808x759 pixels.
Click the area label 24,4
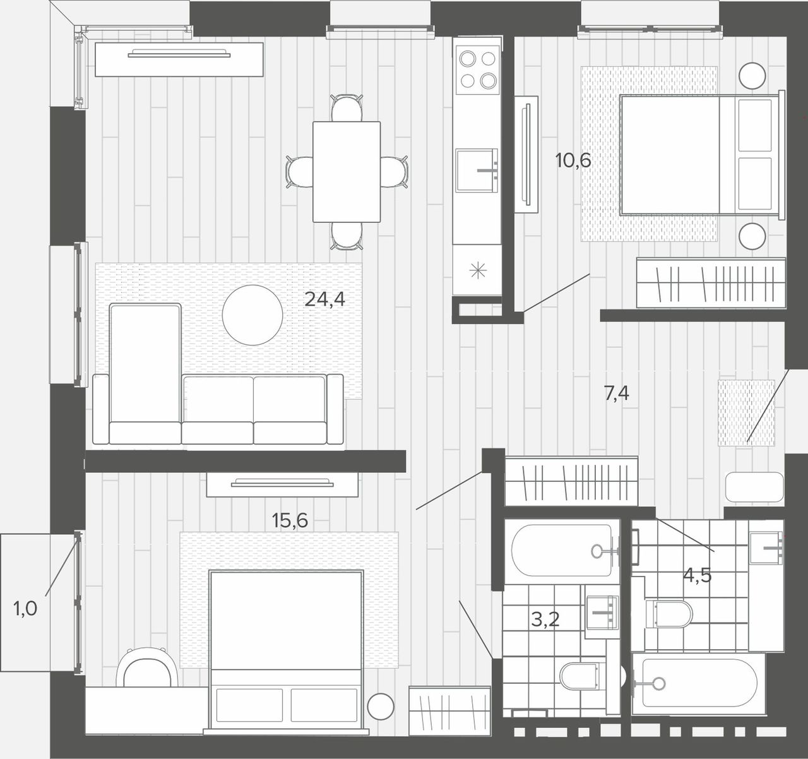click(x=324, y=300)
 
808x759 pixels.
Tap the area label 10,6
click(x=573, y=161)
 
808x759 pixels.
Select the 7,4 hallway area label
click(x=616, y=393)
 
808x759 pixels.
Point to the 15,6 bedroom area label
click(x=290, y=520)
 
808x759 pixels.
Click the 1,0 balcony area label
click(x=25, y=609)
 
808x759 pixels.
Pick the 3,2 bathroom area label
click(x=545, y=619)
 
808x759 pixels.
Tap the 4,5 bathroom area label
click(x=698, y=575)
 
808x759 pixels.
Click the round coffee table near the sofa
click(x=252, y=315)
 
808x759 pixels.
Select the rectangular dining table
click(x=347, y=172)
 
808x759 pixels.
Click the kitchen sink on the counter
click(x=477, y=170)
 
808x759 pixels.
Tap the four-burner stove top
click(x=477, y=70)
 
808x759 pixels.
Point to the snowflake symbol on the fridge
click(x=478, y=271)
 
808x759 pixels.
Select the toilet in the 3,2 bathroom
click(x=582, y=676)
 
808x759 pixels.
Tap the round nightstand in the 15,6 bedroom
click(x=381, y=707)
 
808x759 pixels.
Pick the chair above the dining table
click(x=347, y=107)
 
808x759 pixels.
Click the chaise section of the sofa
click(x=145, y=373)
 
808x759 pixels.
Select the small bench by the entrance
click(x=754, y=487)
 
